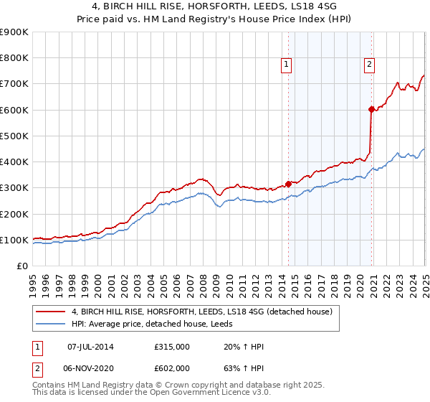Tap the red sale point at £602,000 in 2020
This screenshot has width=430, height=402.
tap(371, 109)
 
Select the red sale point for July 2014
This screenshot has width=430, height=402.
tap(288, 184)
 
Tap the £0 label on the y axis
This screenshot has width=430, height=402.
tap(22, 266)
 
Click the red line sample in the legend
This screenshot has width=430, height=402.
tap(50, 312)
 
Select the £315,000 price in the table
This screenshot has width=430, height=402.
tap(172, 347)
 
